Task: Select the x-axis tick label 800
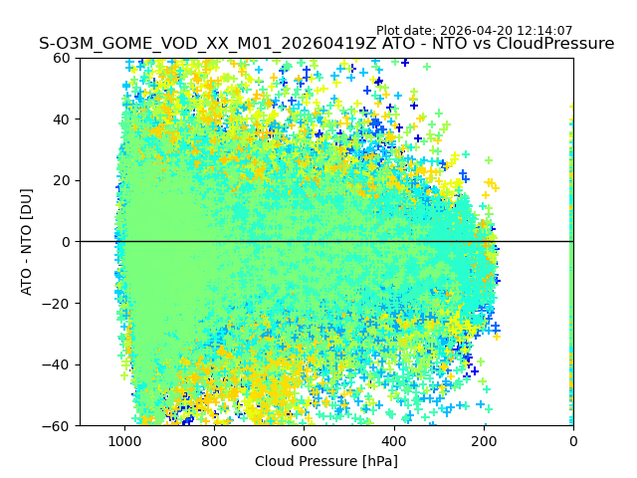pyautogui.click(x=214, y=441)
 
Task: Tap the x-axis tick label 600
pyautogui.click(x=304, y=441)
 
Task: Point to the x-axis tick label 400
pyautogui.click(x=394, y=441)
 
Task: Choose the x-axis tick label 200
pyautogui.click(x=484, y=441)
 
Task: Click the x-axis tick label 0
pyautogui.click(x=573, y=441)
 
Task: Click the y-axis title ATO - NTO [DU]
pyautogui.click(x=28, y=242)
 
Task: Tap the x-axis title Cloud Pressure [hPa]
pyautogui.click(x=326, y=461)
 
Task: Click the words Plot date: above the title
pyautogui.click(x=407, y=31)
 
